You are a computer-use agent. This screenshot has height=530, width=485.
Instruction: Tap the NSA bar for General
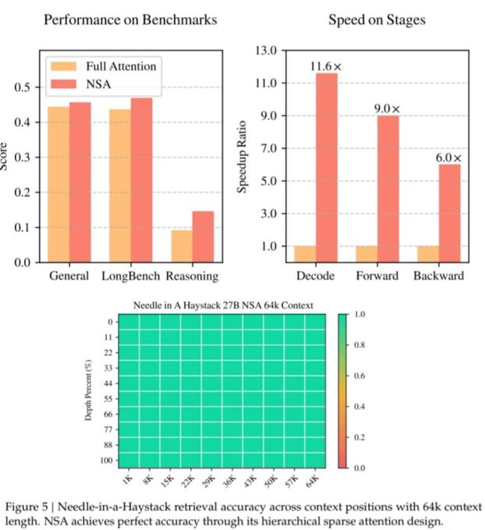(x=80, y=182)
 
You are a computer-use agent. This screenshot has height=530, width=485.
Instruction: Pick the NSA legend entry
(x=90, y=83)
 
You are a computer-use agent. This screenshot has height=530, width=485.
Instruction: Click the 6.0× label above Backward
(x=449, y=157)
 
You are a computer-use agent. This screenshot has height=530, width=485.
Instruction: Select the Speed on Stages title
(x=377, y=19)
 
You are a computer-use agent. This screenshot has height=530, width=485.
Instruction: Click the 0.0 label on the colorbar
(x=359, y=468)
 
